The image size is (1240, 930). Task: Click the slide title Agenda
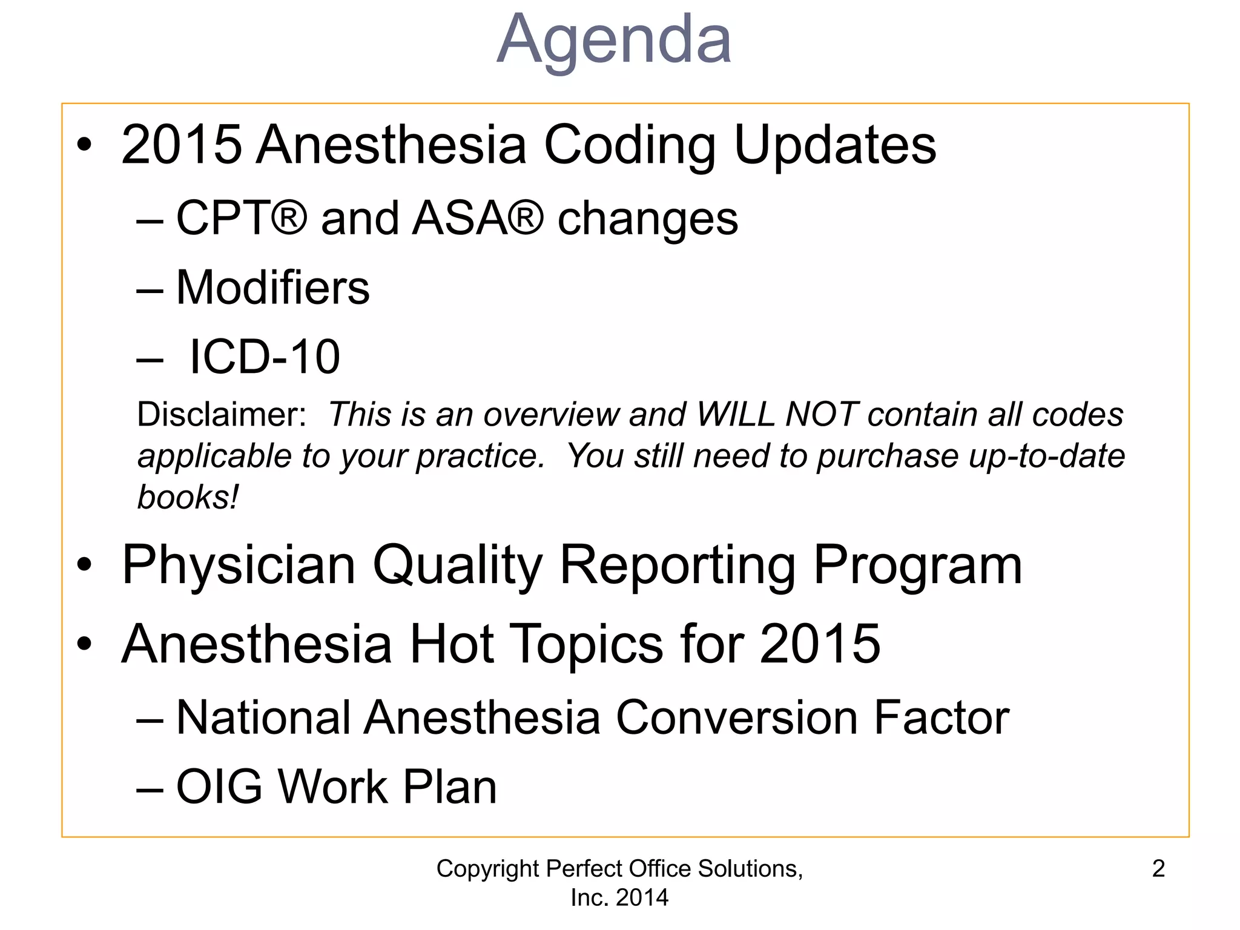614,41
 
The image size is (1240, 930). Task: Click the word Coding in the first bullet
630,145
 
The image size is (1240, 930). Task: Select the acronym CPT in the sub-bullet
221,218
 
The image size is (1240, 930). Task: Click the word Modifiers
272,288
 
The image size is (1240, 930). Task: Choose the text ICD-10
264,357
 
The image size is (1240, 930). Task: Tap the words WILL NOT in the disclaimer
777,415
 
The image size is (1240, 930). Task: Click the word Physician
239,565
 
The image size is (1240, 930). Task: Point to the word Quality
457,565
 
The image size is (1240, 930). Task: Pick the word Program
917,565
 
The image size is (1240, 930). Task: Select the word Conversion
736,718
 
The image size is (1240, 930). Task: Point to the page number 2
1158,869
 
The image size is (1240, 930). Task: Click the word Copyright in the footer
487,869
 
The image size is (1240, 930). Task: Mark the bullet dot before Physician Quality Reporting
85,565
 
